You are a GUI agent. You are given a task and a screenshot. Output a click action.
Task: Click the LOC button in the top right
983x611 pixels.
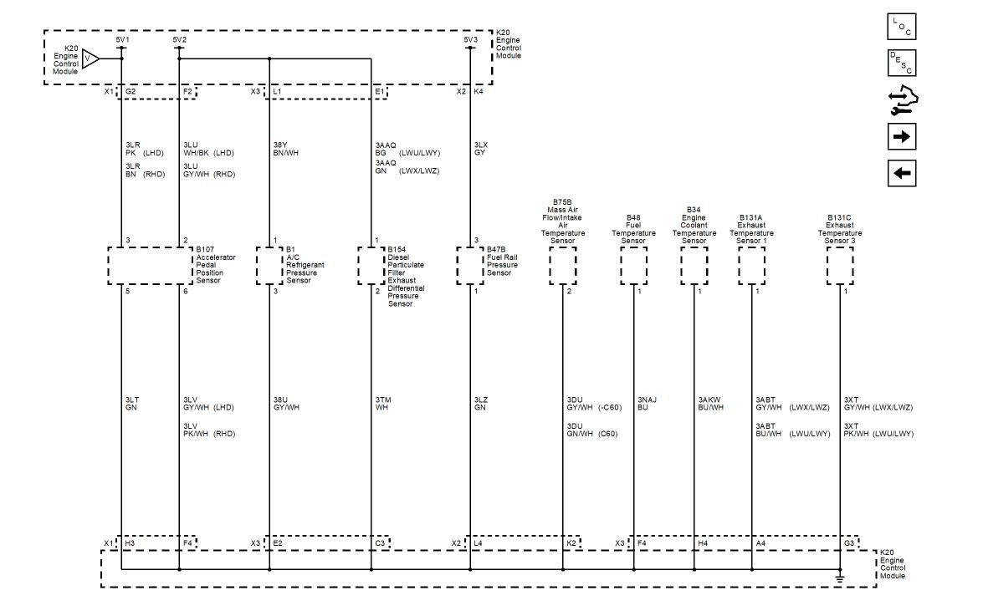901,28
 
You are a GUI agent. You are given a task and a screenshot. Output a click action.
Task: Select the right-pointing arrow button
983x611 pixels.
901,135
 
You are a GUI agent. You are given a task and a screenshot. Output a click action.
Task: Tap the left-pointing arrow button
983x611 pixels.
901,173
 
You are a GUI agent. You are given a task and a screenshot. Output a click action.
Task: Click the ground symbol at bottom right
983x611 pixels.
840,578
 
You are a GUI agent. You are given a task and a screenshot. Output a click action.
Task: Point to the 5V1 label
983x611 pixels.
122,39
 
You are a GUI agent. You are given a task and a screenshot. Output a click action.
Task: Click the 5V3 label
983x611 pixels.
470,39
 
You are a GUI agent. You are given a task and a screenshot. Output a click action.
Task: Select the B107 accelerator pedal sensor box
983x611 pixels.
151,266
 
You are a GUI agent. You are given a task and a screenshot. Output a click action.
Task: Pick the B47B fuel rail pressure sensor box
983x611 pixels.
470,266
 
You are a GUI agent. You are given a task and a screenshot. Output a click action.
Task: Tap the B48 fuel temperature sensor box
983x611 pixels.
633,266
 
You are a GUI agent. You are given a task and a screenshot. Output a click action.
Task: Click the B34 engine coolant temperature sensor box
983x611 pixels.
694,266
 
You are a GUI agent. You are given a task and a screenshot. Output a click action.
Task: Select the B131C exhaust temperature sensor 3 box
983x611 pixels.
839,266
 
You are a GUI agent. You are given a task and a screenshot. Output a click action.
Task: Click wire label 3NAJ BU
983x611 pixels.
648,404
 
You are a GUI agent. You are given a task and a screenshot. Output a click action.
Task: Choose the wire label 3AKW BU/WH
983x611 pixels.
710,404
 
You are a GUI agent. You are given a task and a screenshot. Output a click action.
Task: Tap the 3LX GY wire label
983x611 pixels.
480,149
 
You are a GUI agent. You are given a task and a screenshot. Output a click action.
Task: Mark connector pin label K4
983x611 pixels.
479,91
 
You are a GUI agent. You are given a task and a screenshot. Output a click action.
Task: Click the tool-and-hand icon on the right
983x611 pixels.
901,100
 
